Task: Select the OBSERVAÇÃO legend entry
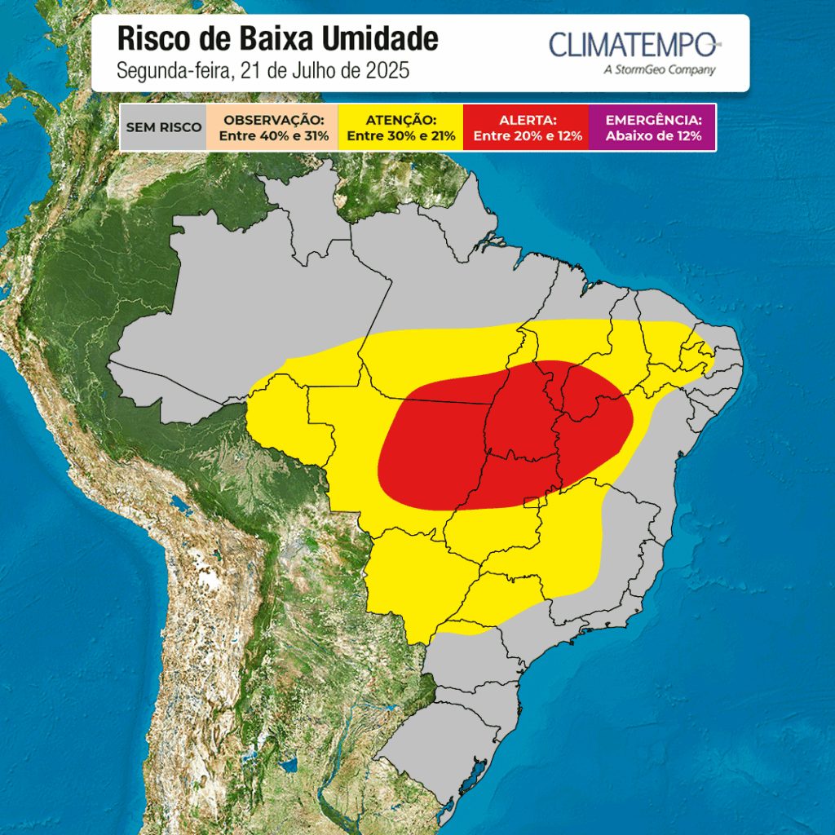(x=274, y=127)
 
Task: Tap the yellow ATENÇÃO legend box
(x=400, y=127)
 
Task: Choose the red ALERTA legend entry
(x=526, y=127)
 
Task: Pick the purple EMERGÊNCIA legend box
(x=652, y=127)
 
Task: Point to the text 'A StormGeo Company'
(x=660, y=70)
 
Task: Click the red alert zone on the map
(x=506, y=432)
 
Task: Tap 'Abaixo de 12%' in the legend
(x=652, y=136)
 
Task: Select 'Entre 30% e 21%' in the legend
(x=400, y=136)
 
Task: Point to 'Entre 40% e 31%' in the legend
(x=274, y=136)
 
